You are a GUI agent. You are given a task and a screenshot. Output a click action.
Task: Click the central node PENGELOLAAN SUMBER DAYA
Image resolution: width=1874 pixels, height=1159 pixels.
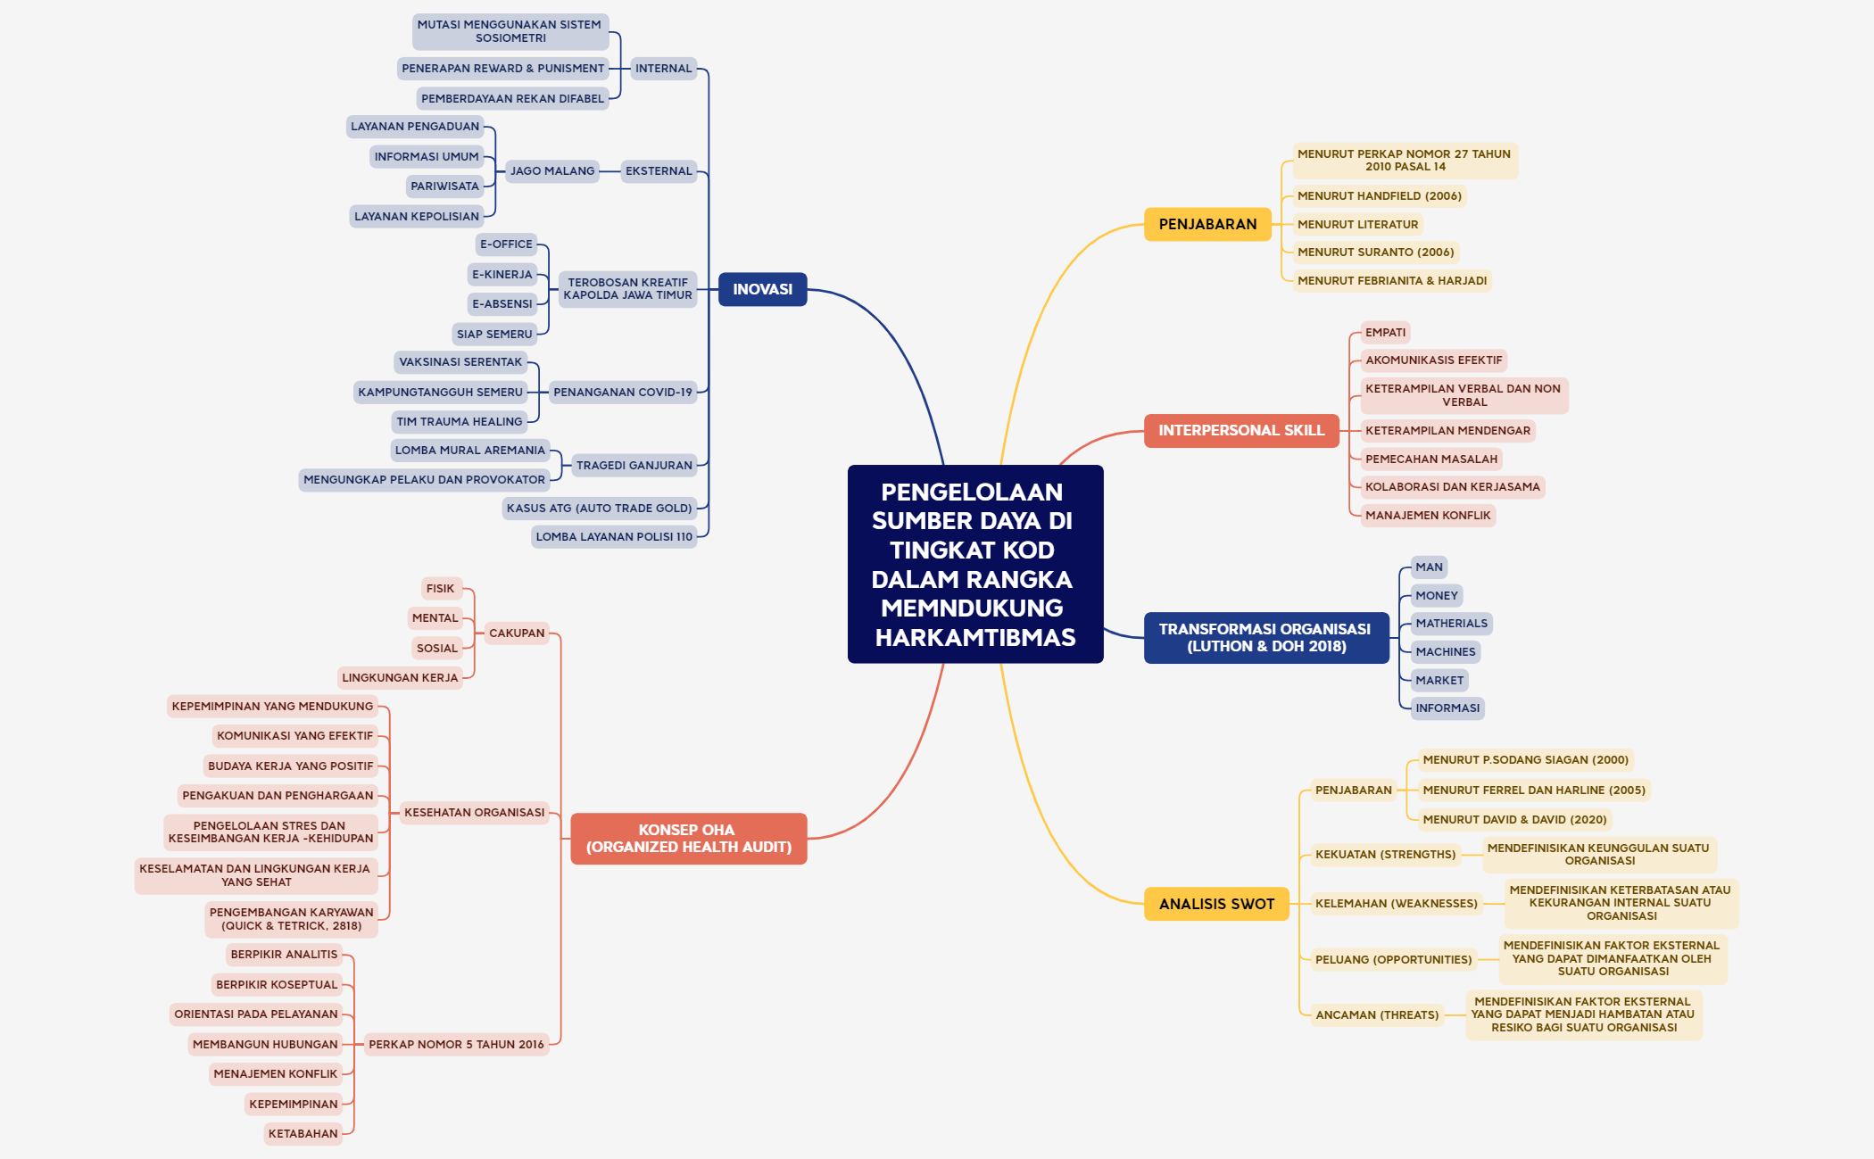point(975,564)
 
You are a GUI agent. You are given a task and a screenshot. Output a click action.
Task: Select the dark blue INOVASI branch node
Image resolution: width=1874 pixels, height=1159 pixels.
point(763,289)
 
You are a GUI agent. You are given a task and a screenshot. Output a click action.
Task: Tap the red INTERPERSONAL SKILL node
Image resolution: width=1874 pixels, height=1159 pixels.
point(1241,430)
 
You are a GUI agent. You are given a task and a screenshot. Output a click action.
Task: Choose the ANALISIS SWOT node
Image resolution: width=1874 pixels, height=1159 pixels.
point(1216,904)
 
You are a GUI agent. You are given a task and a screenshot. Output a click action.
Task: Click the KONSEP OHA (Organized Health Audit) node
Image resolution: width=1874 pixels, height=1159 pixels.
point(689,839)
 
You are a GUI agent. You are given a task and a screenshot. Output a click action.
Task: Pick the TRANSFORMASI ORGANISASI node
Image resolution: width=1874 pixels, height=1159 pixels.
point(1266,638)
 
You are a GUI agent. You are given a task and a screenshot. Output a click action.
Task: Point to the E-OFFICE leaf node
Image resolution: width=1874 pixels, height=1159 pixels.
point(506,244)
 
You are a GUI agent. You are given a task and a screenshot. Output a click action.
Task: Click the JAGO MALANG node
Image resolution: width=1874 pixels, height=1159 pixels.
point(552,171)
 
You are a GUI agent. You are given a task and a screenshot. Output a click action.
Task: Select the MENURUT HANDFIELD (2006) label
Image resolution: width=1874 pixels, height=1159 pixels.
point(1380,196)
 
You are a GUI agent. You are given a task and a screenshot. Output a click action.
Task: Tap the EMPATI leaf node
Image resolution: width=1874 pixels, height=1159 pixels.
point(1385,333)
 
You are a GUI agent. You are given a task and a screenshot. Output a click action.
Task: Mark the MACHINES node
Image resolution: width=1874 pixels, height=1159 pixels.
point(1446,652)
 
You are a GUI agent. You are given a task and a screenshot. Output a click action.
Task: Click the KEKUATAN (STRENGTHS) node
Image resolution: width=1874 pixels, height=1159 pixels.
point(1385,855)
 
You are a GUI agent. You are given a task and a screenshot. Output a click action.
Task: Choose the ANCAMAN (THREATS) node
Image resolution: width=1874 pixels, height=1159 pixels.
point(1377,1015)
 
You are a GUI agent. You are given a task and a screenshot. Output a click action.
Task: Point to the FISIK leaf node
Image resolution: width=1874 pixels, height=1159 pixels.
point(441,589)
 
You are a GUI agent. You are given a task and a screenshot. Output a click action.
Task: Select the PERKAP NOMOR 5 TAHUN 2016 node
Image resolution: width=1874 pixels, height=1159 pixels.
point(456,1045)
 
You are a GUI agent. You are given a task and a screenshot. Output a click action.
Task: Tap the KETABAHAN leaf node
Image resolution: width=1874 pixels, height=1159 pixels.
point(303,1134)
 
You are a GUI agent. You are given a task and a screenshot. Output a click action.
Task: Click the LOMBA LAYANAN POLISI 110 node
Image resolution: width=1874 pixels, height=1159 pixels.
point(614,537)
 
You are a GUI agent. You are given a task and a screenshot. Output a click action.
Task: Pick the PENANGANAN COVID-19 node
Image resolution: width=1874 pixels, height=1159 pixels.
point(623,393)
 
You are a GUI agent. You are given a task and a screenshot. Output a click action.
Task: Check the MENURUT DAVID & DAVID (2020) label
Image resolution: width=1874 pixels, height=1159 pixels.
point(1514,820)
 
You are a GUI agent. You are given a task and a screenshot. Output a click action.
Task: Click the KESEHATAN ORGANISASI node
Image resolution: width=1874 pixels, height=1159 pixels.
point(474,813)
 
